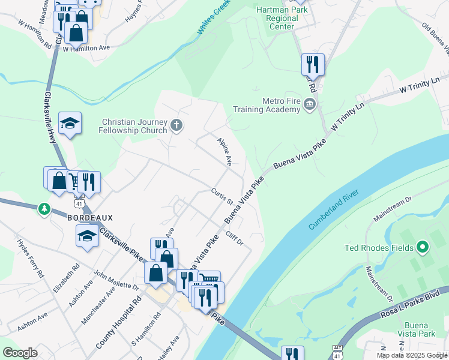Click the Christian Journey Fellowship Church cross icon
coord(176,125)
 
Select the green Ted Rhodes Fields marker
coord(423,247)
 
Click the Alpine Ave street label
coord(224,151)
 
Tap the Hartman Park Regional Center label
coord(282,18)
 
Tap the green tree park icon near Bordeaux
coord(44,209)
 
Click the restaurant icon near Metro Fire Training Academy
coord(313,64)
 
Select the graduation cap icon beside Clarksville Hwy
coord(70,123)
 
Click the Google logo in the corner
coord(20,353)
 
